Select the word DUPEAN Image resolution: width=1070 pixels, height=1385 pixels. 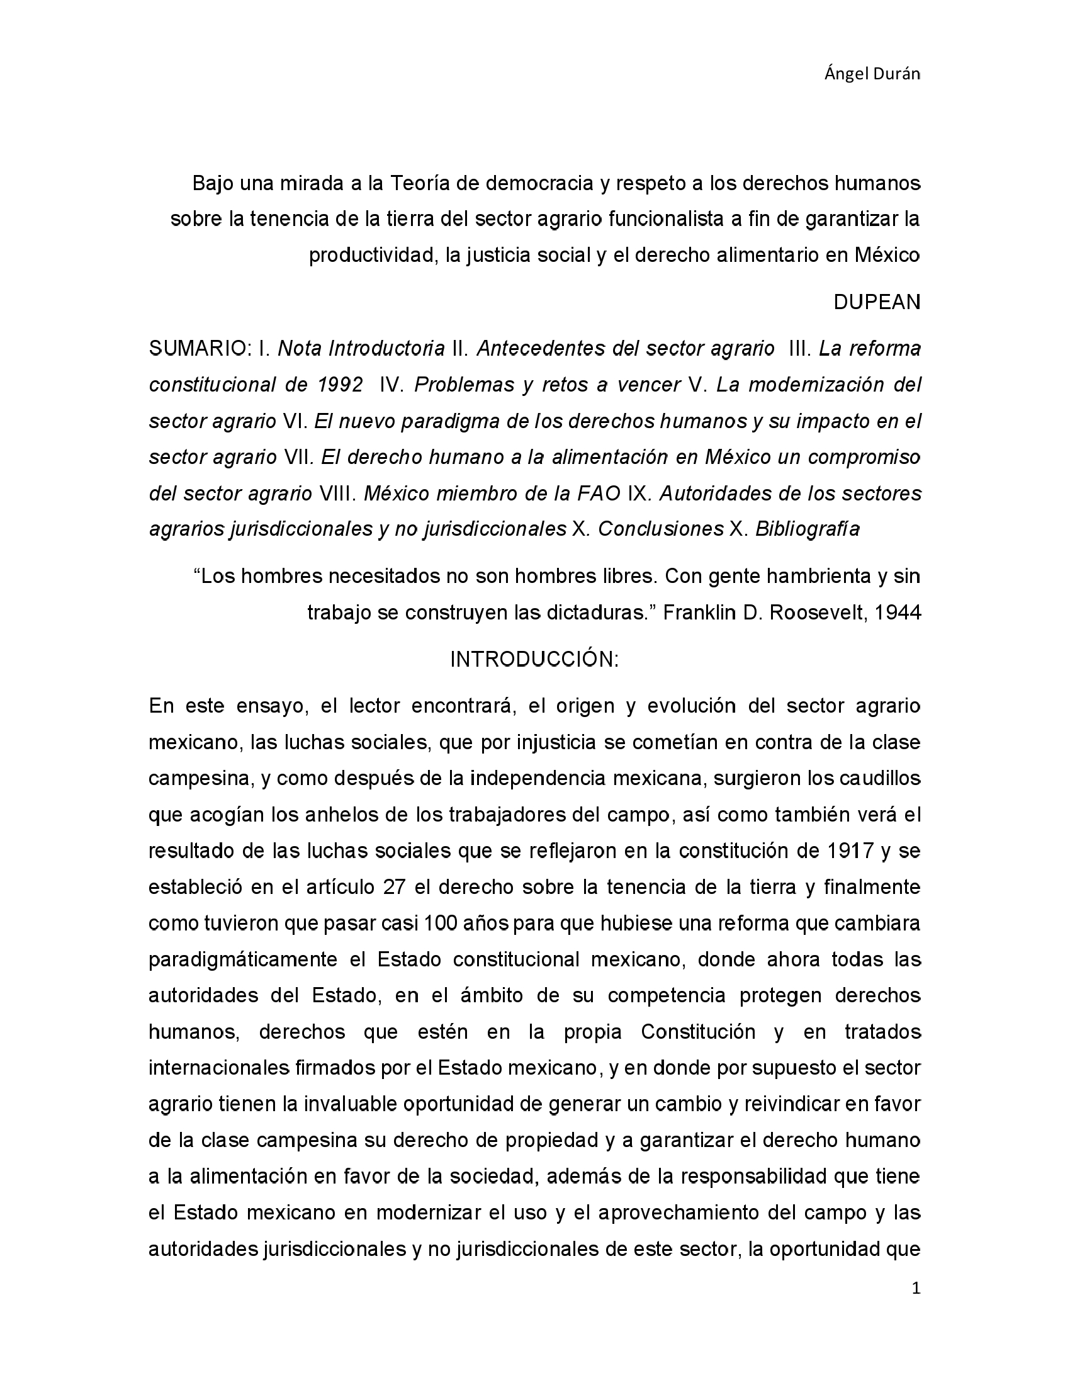877,302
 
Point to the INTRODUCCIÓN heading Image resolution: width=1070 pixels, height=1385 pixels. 534,660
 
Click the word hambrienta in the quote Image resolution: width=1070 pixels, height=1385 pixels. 798,577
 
